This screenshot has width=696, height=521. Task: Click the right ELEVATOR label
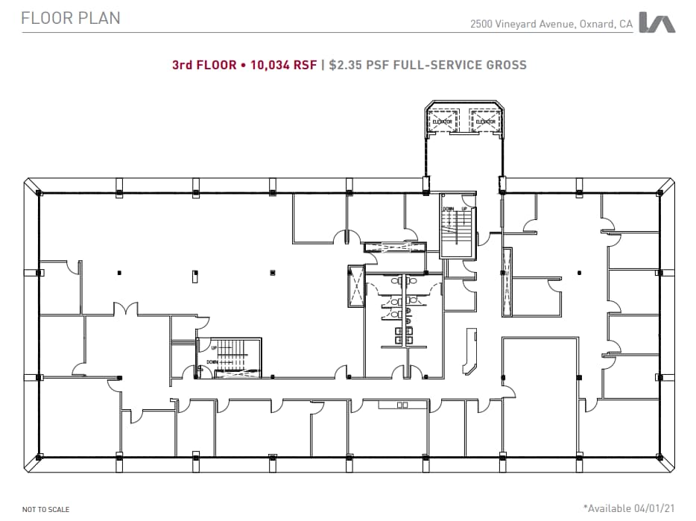(485, 121)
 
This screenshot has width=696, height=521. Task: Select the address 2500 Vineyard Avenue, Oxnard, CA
(551, 24)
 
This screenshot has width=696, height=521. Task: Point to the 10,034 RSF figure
(284, 65)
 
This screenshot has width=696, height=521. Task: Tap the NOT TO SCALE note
(45, 510)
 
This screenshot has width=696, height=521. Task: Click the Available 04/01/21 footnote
(630, 508)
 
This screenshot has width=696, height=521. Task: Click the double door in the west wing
(124, 308)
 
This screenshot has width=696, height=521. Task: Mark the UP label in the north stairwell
(464, 209)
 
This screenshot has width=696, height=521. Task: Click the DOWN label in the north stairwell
(449, 209)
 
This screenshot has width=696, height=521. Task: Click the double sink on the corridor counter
(403, 405)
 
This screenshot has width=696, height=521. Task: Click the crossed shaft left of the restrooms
(355, 285)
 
